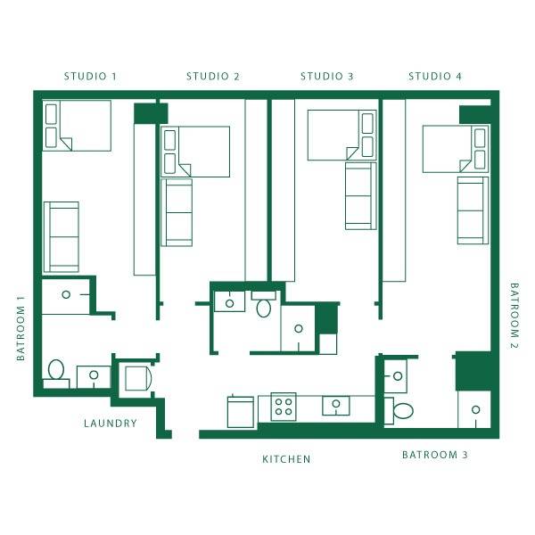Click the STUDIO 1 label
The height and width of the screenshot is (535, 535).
tap(90, 76)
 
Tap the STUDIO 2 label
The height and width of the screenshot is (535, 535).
tap(212, 76)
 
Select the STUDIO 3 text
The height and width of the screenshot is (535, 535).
tap(326, 76)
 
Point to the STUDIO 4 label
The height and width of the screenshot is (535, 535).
tap(435, 76)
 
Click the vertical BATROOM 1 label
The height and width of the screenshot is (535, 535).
tap(21, 328)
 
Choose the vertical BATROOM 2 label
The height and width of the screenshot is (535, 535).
tap(514, 315)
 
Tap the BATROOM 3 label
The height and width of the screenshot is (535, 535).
tap(434, 455)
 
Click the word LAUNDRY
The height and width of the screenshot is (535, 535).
tap(111, 424)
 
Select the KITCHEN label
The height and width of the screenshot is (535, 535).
tap(286, 459)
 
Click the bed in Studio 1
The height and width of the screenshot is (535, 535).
tap(77, 126)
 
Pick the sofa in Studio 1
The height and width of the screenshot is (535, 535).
tap(62, 236)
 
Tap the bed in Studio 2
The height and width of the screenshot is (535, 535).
tap(194, 151)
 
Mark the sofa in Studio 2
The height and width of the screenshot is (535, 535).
tap(177, 212)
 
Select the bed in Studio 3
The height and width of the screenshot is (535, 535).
tap(342, 135)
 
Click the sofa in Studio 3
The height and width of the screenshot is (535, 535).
tap(360, 195)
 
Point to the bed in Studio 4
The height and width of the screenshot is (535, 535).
tap(455, 148)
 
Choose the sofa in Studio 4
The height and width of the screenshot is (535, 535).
tap(472, 210)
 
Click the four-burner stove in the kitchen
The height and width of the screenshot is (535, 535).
tap(284, 407)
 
